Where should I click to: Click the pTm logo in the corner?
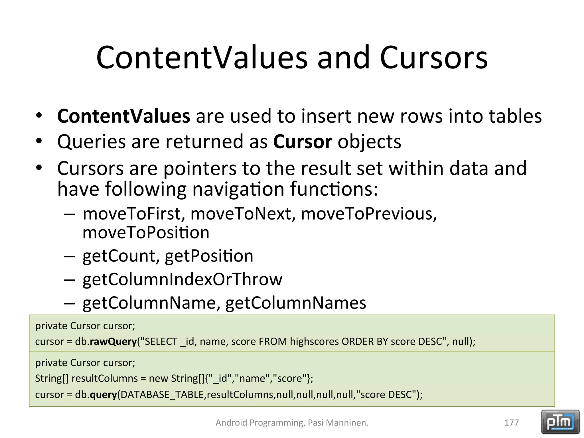tap(560, 422)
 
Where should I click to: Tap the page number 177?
tap(512, 423)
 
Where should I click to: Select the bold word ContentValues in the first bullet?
tap(123, 116)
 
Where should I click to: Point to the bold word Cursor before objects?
tap(303, 141)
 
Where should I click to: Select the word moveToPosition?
tap(146, 232)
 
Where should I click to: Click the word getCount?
tap(119, 256)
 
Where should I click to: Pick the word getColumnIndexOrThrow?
tap(182, 279)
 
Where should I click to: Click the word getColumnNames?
tap(296, 303)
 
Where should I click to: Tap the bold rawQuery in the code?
tap(113, 342)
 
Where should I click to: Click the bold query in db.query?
tap(103, 395)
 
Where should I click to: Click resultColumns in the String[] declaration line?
tap(105, 378)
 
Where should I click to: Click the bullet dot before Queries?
tap(39, 141)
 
